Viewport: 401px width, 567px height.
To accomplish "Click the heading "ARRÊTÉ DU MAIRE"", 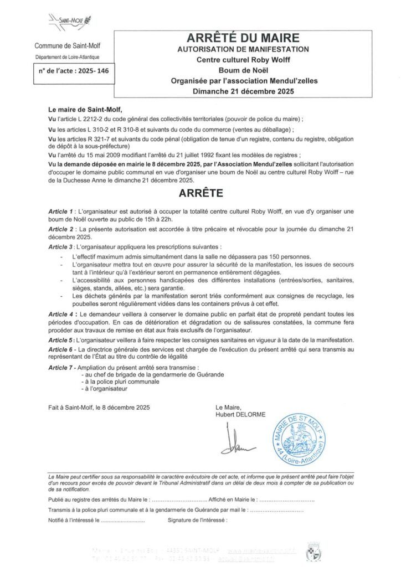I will (244, 38).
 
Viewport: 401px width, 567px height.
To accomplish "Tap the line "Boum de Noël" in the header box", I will (244, 70).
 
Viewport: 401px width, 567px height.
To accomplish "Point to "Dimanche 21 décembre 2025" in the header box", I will (244, 91).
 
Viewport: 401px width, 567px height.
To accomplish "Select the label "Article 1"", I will (61, 212).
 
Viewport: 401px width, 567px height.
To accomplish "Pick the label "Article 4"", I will (61, 313).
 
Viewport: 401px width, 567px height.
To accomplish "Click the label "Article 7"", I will (61, 367).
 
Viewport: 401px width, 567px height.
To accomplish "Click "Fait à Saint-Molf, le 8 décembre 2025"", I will (99, 408).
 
